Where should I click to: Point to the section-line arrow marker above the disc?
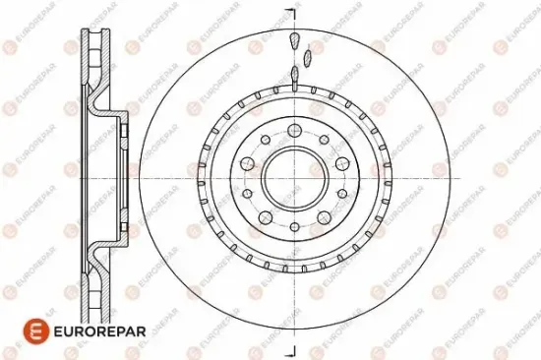click(292, 14)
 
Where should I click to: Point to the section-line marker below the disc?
click(292, 347)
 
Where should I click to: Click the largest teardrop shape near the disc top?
click(293, 40)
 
